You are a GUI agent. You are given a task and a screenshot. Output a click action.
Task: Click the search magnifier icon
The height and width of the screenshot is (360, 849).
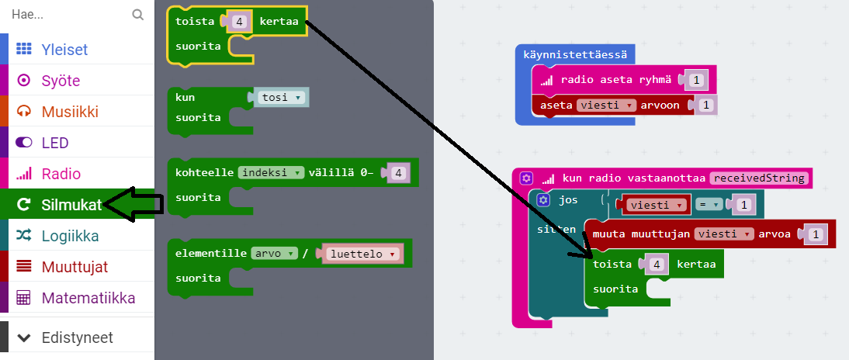(138, 14)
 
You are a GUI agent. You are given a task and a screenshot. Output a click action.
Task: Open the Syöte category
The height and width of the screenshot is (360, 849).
(61, 80)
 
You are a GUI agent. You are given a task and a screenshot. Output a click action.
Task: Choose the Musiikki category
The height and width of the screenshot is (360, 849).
(70, 111)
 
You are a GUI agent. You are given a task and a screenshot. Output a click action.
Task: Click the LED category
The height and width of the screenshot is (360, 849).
(55, 143)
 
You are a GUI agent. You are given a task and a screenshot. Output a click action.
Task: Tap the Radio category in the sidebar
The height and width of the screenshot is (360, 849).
(61, 174)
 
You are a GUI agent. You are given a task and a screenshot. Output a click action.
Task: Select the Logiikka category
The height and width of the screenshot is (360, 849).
(70, 236)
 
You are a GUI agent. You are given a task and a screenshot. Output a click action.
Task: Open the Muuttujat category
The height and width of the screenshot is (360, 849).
(75, 267)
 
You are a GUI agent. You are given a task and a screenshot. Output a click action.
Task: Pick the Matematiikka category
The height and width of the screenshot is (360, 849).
(88, 298)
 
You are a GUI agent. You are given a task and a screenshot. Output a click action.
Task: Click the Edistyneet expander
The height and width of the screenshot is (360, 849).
(77, 337)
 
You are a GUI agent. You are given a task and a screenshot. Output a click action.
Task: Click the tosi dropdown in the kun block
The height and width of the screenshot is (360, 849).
(281, 98)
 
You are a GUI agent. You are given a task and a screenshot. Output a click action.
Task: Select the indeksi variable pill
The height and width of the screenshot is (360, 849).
(271, 172)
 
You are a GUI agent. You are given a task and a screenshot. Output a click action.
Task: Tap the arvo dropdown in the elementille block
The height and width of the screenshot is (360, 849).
(275, 253)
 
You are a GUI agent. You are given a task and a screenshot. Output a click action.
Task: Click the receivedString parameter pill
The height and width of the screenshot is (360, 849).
(759, 178)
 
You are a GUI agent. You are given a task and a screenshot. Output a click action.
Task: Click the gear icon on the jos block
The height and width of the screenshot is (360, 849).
(542, 200)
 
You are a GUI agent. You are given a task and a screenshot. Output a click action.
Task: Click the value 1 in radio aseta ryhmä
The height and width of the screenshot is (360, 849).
(696, 79)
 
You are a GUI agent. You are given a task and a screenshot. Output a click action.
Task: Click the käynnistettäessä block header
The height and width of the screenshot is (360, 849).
(575, 55)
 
